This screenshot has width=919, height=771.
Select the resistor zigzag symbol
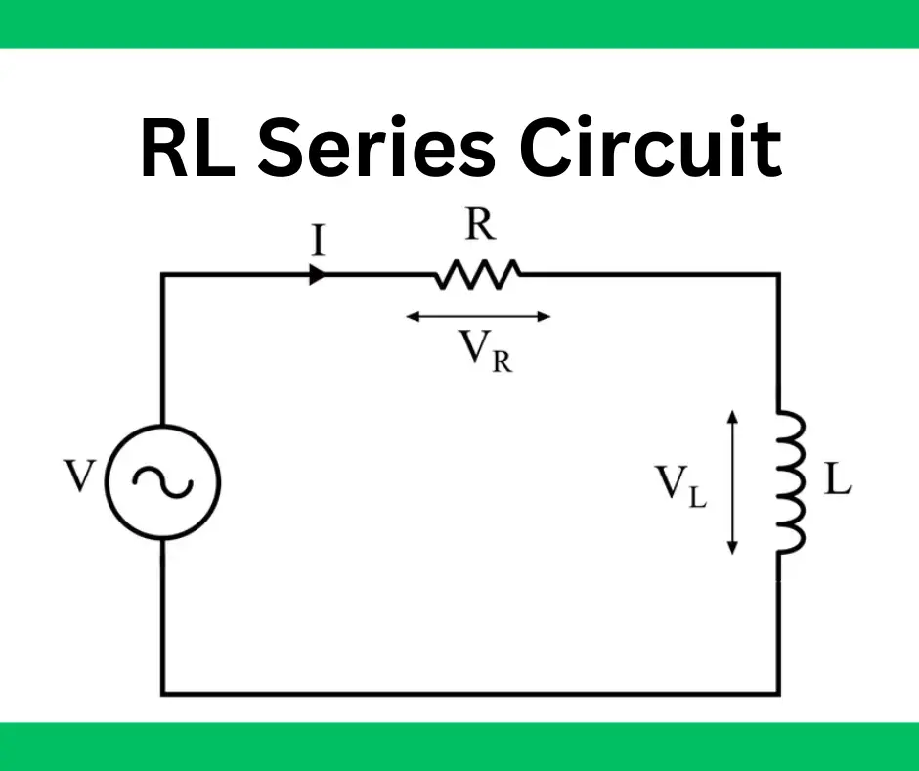pos(477,275)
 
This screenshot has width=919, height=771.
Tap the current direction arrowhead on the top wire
pos(317,275)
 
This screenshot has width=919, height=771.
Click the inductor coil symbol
pos(790,480)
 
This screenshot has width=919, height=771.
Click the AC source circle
pos(163,480)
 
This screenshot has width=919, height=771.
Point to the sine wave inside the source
pos(163,480)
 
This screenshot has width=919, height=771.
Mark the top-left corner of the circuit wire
pos(163,275)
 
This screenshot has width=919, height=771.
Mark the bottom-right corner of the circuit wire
pos(779,693)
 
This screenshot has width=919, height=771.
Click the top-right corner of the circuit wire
pos(779,275)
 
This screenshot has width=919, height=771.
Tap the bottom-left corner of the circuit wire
pos(163,693)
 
